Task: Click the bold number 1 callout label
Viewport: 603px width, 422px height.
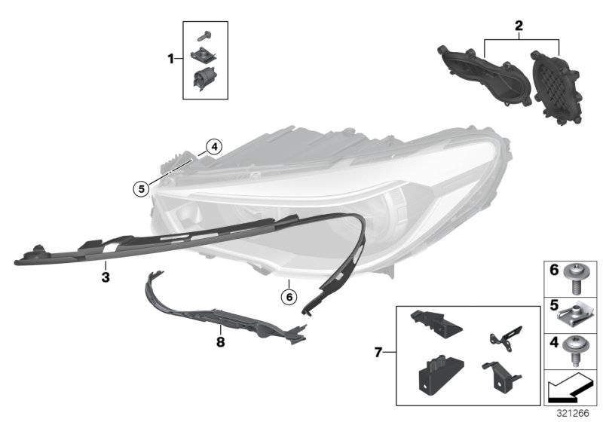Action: click(171, 60)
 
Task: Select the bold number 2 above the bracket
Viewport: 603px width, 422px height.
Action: click(519, 26)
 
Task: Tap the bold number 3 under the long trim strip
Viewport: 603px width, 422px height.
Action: click(106, 277)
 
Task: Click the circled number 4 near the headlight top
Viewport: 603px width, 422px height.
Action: click(214, 146)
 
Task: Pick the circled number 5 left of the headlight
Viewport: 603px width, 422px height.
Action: click(142, 188)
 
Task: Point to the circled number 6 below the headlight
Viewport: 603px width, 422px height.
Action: click(289, 297)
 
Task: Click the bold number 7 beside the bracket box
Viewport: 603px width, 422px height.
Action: click(378, 352)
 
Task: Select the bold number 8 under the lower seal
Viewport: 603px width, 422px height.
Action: click(220, 341)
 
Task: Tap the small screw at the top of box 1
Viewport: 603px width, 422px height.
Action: click(204, 36)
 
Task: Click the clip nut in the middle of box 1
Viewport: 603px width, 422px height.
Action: click(204, 55)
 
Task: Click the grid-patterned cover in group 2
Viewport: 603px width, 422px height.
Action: click(556, 88)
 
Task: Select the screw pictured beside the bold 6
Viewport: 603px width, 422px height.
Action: click(574, 278)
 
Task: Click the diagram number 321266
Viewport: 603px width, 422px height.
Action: click(573, 413)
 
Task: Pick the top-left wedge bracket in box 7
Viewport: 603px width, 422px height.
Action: click(436, 323)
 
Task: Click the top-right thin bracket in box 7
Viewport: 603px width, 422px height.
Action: click(506, 338)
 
